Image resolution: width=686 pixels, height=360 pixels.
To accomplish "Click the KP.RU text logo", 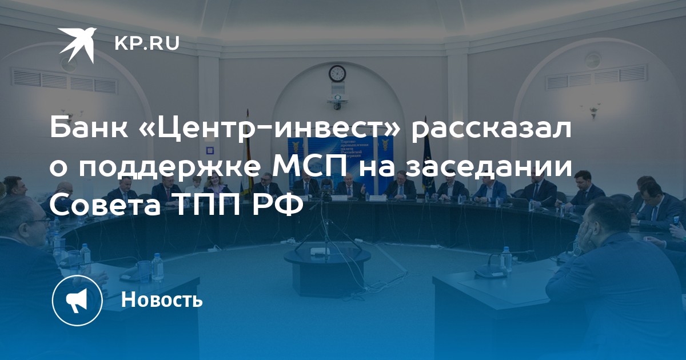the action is (147, 43).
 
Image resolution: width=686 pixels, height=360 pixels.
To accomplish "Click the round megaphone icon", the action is (77, 301).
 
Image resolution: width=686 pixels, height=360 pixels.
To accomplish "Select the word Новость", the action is (162, 299).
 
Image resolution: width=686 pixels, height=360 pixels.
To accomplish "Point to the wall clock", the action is (337, 74).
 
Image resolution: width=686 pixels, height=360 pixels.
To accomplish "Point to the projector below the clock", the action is (337, 99).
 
